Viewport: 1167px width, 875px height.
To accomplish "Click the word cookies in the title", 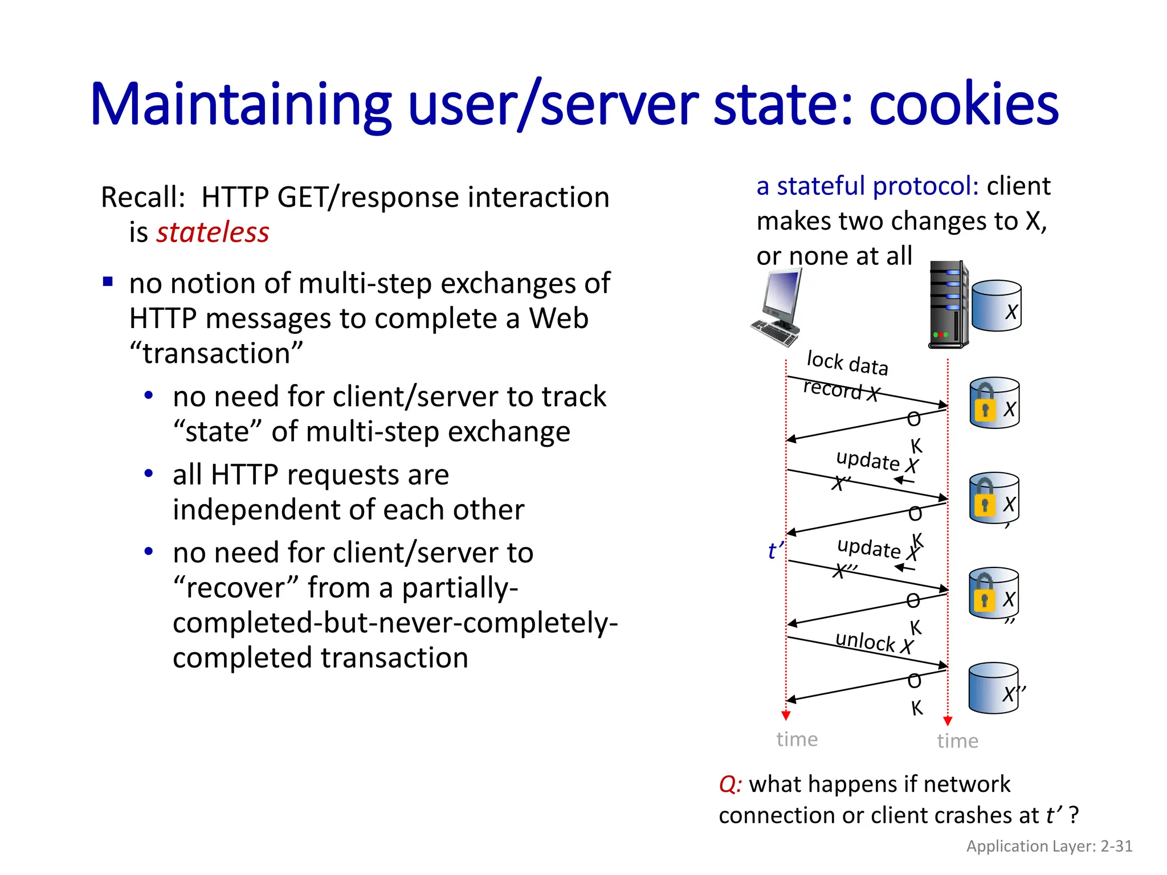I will (963, 105).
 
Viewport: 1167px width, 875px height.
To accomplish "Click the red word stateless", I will (213, 232).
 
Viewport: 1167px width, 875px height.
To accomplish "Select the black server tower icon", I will (948, 305).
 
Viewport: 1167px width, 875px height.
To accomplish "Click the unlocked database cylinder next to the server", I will (996, 306).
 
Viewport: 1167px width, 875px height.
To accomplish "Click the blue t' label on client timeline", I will (776, 551).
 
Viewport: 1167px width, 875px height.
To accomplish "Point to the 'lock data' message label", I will (847, 363).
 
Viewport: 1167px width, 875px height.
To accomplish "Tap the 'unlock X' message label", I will (874, 642).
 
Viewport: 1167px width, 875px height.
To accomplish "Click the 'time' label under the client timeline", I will (797, 739).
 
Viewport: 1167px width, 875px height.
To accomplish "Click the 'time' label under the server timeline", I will (957, 741).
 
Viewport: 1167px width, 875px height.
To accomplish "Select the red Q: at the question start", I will (730, 784).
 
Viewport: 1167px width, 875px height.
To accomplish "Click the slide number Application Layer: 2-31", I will (1049, 846).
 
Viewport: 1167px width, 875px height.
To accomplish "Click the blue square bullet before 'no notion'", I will (108, 281).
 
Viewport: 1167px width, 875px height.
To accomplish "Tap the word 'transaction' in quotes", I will (217, 354).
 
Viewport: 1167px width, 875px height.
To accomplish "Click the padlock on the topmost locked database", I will (985, 403).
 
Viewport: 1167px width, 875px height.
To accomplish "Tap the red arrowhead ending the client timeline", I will (786, 715).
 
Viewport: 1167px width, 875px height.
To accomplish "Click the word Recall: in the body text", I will (143, 198).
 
